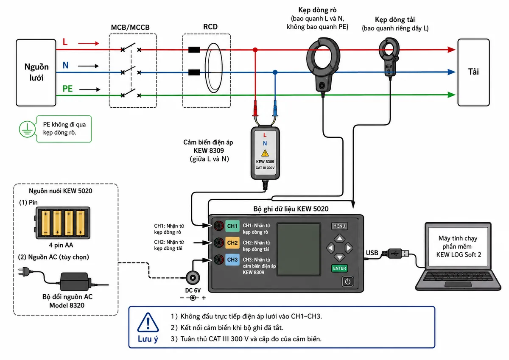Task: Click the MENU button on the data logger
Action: coord(339,226)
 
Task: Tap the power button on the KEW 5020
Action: coord(347,282)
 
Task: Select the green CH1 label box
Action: coord(232,226)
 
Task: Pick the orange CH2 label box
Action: coord(232,243)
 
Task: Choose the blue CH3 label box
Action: coord(232,260)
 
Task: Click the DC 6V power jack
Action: coord(193,278)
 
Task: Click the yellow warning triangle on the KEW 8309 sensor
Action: coord(265,153)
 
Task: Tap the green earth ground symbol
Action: coord(27,129)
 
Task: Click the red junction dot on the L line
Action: coord(255,50)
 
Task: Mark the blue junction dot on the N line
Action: coord(275,72)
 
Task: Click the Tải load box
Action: coord(473,72)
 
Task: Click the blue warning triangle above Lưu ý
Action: coord(148,322)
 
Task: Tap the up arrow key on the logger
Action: coord(339,238)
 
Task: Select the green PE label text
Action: coord(67,89)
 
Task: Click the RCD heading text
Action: coord(210,27)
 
